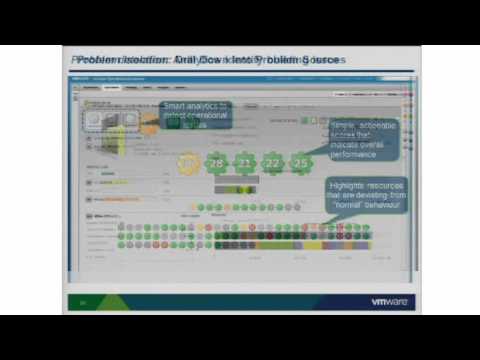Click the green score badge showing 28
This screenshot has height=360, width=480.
click(217, 161)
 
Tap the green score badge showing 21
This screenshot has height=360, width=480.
click(245, 161)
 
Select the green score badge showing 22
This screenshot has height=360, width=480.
click(273, 161)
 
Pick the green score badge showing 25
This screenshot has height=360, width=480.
click(301, 161)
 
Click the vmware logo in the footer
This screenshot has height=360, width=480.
click(392, 302)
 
